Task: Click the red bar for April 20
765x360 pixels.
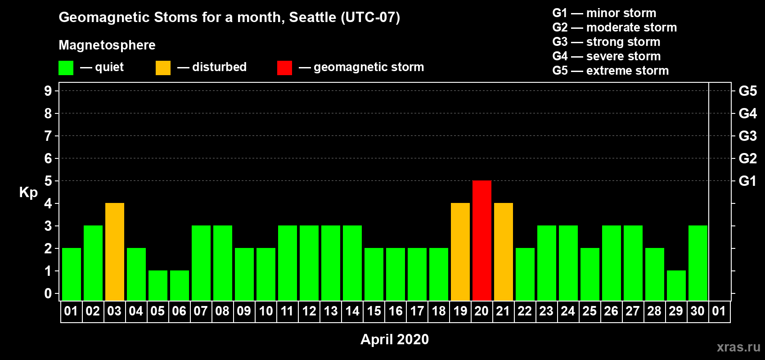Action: [x=482, y=240]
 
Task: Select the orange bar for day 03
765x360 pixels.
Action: [x=115, y=252]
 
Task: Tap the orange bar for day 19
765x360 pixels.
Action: [x=460, y=252]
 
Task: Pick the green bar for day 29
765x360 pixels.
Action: [x=676, y=286]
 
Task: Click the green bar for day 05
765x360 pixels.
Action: [x=158, y=286]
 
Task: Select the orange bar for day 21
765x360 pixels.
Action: [x=504, y=252]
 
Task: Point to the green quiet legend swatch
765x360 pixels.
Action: [x=66, y=67]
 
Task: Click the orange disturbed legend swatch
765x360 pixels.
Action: [x=163, y=67]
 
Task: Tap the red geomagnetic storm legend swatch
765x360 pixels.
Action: [x=284, y=67]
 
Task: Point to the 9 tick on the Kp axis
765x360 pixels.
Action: [x=48, y=91]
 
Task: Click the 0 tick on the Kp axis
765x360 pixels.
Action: [x=48, y=293]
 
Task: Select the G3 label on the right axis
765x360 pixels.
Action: [x=747, y=136]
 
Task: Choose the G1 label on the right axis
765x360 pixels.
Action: [x=747, y=181]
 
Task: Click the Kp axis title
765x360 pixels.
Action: [x=28, y=193]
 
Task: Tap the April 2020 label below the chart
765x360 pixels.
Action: [x=395, y=339]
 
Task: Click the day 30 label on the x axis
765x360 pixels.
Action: [x=697, y=311]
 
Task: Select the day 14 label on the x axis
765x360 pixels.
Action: [x=352, y=311]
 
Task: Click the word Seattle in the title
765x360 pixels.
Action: [x=312, y=18]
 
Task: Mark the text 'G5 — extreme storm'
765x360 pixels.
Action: [x=610, y=71]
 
